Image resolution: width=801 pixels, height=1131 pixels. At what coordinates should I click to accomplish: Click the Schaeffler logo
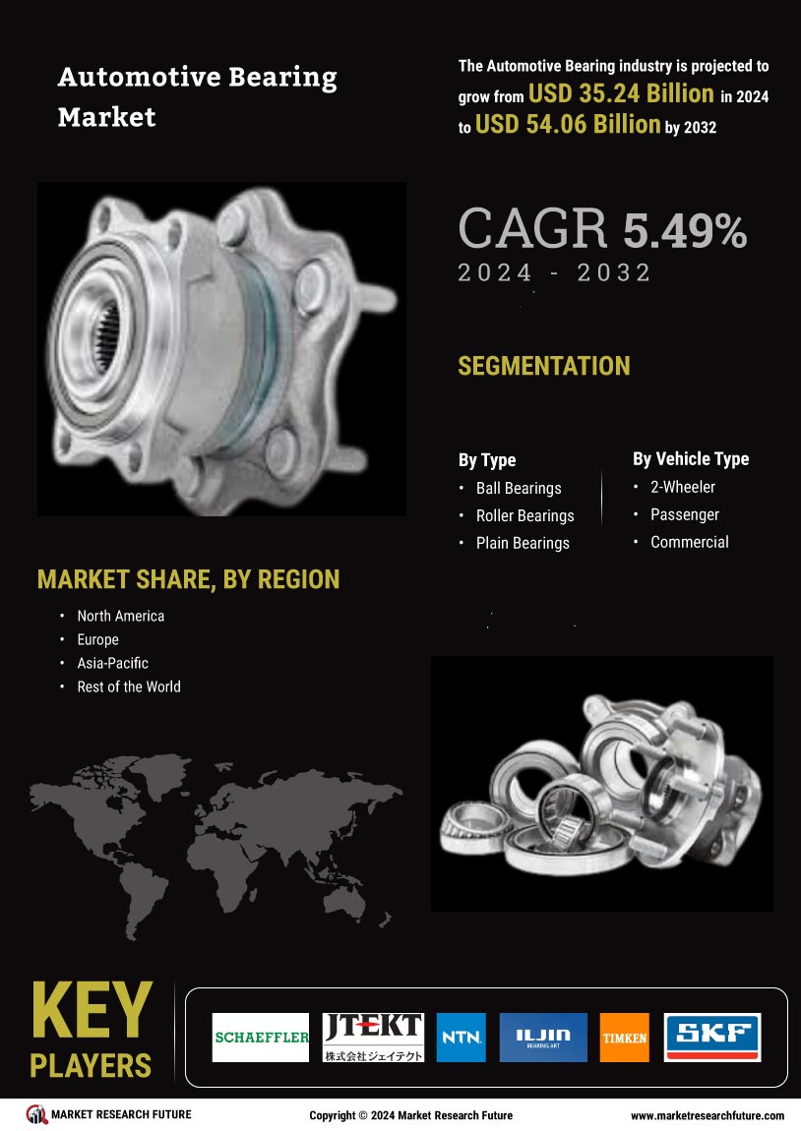[x=261, y=1038]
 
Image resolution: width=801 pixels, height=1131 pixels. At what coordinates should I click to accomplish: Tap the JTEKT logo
[x=372, y=1038]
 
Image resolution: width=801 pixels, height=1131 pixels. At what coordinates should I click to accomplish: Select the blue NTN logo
[x=462, y=1038]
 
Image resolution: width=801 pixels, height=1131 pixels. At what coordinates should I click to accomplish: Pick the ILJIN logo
[x=543, y=1038]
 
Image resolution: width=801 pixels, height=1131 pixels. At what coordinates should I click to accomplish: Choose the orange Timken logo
[x=624, y=1038]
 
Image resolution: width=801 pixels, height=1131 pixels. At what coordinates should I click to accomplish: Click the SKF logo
[x=712, y=1038]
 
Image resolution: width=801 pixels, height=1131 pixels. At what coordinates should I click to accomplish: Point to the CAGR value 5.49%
[x=684, y=231]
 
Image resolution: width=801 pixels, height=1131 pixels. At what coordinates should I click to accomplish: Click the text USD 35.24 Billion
[x=621, y=93]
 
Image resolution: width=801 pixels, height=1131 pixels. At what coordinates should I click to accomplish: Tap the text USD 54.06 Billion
[x=568, y=125]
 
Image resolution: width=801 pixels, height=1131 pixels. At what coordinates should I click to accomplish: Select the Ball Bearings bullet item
[x=519, y=489]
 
